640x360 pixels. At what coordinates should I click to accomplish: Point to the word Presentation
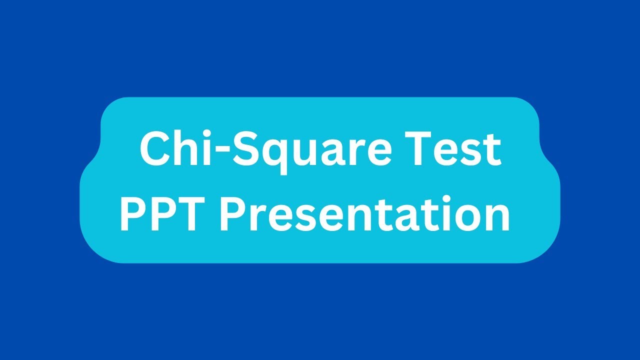click(x=365, y=214)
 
